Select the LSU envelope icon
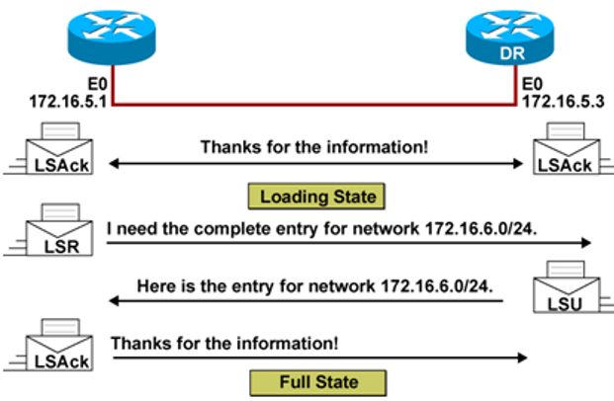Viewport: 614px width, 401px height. pyautogui.click(x=561, y=292)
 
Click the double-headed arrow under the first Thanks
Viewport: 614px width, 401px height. pyautogui.click(x=316, y=164)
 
